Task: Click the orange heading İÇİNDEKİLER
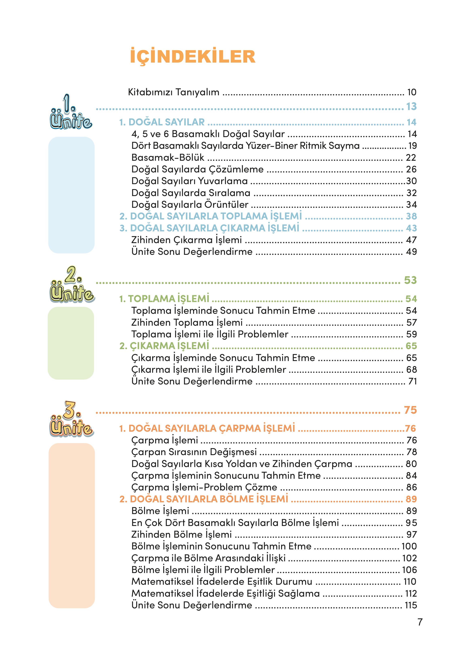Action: click(x=192, y=56)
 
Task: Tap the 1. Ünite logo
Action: click(x=71, y=113)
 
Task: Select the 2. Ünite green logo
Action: click(x=72, y=285)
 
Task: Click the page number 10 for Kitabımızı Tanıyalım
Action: click(x=412, y=92)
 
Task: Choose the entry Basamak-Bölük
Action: click(x=168, y=157)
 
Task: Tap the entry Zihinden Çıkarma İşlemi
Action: click(x=186, y=240)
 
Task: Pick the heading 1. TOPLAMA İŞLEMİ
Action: click(x=164, y=299)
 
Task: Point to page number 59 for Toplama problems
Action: click(x=412, y=334)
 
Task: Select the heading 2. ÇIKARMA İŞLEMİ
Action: click(x=164, y=346)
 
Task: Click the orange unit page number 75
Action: click(x=410, y=410)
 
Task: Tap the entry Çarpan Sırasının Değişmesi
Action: click(x=194, y=452)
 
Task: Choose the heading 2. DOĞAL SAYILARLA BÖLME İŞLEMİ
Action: click(x=204, y=499)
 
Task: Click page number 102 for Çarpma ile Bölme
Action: click(x=409, y=558)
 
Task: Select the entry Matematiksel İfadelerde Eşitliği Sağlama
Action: click(x=225, y=593)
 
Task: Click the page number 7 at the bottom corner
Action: click(x=420, y=622)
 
